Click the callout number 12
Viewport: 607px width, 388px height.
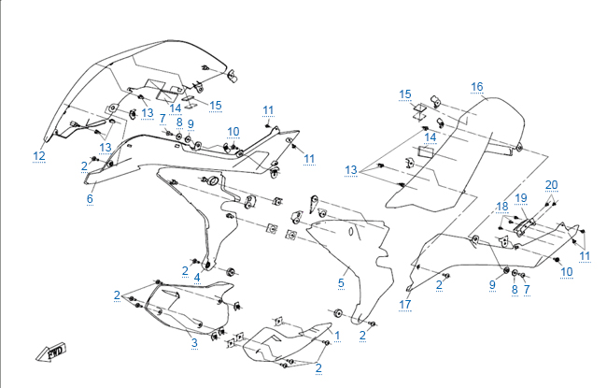[38, 155]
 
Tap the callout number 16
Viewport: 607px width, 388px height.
[477, 87]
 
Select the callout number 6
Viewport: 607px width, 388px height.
[90, 198]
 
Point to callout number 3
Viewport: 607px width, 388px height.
[194, 343]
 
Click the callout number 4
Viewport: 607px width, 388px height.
[197, 277]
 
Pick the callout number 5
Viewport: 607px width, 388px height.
[341, 281]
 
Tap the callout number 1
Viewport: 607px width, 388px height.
[337, 334]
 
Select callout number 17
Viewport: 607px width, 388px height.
[405, 305]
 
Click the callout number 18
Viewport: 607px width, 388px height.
[501, 206]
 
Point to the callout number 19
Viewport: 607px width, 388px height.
[521, 198]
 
